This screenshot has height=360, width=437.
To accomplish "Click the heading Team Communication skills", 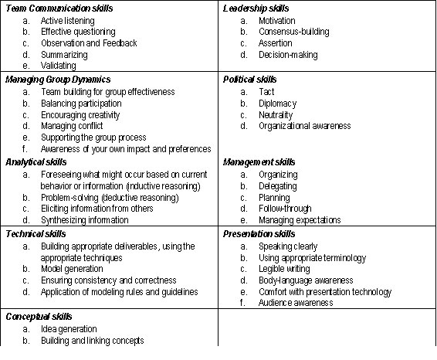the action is tap(59, 8).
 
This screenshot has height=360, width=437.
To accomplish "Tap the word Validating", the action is tap(59, 66).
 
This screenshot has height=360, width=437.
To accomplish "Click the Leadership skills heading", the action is tap(256, 8).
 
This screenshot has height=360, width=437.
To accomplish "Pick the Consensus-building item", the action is tap(293, 32).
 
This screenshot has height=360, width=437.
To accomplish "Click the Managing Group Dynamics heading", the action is tap(58, 80).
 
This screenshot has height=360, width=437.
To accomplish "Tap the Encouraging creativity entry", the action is tap(80, 114).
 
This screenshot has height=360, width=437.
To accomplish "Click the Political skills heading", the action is tap(249, 80).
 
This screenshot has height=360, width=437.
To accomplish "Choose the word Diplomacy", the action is tap(277, 103).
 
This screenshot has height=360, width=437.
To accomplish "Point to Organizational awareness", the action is tap(304, 126).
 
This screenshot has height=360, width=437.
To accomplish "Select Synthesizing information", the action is tap(85, 220).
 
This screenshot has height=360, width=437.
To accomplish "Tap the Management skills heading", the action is tap(259, 162).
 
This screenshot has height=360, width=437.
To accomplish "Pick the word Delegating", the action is tap(278, 185).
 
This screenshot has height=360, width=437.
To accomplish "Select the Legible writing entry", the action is tap(285, 269).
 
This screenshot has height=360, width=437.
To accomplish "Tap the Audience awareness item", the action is tap(296, 304).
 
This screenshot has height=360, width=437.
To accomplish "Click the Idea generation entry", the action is tap(69, 329).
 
